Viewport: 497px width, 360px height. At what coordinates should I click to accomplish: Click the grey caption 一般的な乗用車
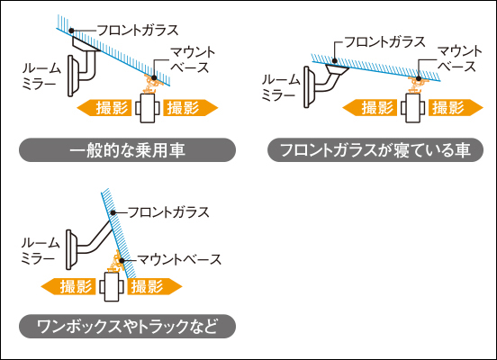pyautogui.click(x=128, y=150)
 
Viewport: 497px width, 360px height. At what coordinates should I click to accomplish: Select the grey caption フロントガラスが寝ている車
pyautogui.click(x=375, y=150)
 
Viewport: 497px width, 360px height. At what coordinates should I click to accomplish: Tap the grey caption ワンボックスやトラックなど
pyautogui.click(x=128, y=326)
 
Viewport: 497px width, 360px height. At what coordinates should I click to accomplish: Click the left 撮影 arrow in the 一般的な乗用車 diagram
pyautogui.click(x=104, y=108)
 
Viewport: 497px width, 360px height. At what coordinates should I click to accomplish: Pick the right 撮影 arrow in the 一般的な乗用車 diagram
pyautogui.click(x=191, y=108)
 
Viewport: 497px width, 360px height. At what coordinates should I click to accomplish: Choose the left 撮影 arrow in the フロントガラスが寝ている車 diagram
pyautogui.click(x=369, y=108)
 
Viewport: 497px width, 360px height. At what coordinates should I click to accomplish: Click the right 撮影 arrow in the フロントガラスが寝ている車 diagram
pyautogui.click(x=456, y=108)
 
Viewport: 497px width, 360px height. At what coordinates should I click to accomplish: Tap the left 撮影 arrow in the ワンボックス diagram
pyautogui.click(x=68, y=286)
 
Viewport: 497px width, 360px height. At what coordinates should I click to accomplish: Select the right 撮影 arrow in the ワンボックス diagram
pyautogui.click(x=155, y=286)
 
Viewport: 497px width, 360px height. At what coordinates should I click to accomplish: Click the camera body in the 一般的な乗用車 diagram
pyautogui.click(x=148, y=108)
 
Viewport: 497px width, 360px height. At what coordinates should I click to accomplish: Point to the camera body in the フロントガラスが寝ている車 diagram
pyautogui.click(x=413, y=108)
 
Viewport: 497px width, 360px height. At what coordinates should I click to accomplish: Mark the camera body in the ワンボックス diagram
pyautogui.click(x=112, y=287)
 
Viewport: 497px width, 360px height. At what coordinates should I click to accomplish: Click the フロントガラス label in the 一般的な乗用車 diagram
pyautogui.click(x=138, y=31)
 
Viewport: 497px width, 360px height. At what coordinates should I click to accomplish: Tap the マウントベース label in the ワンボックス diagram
pyautogui.click(x=179, y=259)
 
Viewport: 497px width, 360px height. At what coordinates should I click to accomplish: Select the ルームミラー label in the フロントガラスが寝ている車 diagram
pyautogui.click(x=281, y=88)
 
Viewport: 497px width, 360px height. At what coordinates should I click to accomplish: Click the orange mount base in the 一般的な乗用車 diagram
pyautogui.click(x=151, y=83)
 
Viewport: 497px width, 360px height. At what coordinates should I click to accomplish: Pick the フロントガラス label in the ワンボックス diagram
pyautogui.click(x=168, y=212)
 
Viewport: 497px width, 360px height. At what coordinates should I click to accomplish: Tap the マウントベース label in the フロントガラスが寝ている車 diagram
pyautogui.click(x=460, y=58)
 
